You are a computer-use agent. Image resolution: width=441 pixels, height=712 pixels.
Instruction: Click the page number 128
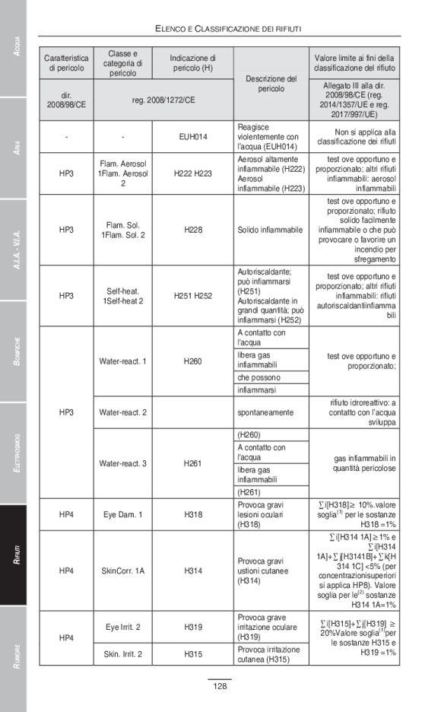220,687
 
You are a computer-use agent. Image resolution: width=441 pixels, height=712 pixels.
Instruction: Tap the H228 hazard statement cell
192,229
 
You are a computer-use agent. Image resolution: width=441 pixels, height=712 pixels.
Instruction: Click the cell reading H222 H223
192,173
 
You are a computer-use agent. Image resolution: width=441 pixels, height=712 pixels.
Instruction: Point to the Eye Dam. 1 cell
122,514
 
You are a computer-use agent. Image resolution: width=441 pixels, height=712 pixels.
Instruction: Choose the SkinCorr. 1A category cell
122,570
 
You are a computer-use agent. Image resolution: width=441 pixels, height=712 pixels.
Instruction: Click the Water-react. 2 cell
122,412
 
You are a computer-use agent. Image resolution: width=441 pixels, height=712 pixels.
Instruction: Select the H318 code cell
192,514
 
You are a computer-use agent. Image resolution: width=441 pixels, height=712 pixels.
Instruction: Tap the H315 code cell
192,653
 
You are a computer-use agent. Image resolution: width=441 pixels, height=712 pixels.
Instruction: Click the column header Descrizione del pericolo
271,84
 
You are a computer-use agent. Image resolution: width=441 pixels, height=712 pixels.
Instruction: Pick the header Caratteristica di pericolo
66,63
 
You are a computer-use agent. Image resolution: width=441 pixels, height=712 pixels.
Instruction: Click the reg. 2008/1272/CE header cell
163,100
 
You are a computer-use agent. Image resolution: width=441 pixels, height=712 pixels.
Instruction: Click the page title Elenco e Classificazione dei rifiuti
228,28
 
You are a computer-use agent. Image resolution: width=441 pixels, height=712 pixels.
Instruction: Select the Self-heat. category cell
122,295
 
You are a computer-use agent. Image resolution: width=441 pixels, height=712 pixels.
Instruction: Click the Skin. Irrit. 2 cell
122,653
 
